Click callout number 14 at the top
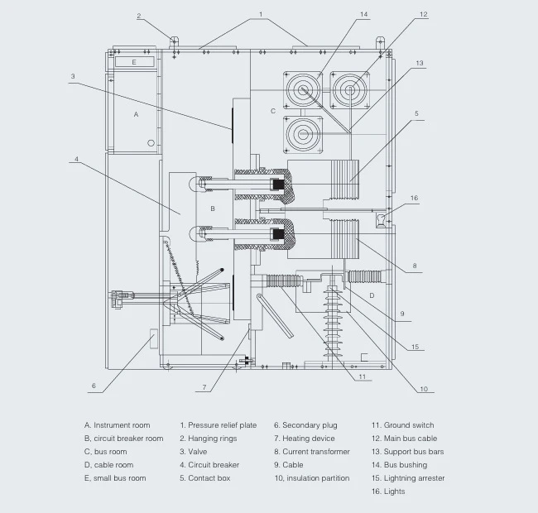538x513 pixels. (x=363, y=14)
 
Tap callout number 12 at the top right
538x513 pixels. (x=424, y=14)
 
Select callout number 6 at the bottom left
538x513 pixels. (x=94, y=386)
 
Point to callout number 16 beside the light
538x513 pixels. (x=414, y=199)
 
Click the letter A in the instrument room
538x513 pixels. (x=136, y=114)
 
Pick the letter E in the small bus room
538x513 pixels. (x=134, y=62)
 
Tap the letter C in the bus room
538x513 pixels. (x=273, y=111)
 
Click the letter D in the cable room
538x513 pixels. (x=372, y=295)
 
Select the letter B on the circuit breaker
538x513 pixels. (x=213, y=209)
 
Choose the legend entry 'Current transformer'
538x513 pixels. (x=316, y=452)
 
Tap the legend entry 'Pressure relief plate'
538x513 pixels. (x=223, y=425)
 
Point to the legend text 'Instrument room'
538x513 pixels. (x=122, y=425)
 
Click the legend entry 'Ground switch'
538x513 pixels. (x=409, y=425)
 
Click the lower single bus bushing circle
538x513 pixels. (x=303, y=134)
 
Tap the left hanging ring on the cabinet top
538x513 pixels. (x=174, y=42)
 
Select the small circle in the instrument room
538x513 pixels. (x=151, y=143)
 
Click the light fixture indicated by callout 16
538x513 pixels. (x=381, y=220)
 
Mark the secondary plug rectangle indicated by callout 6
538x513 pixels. (x=154, y=338)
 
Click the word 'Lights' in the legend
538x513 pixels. (x=394, y=491)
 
